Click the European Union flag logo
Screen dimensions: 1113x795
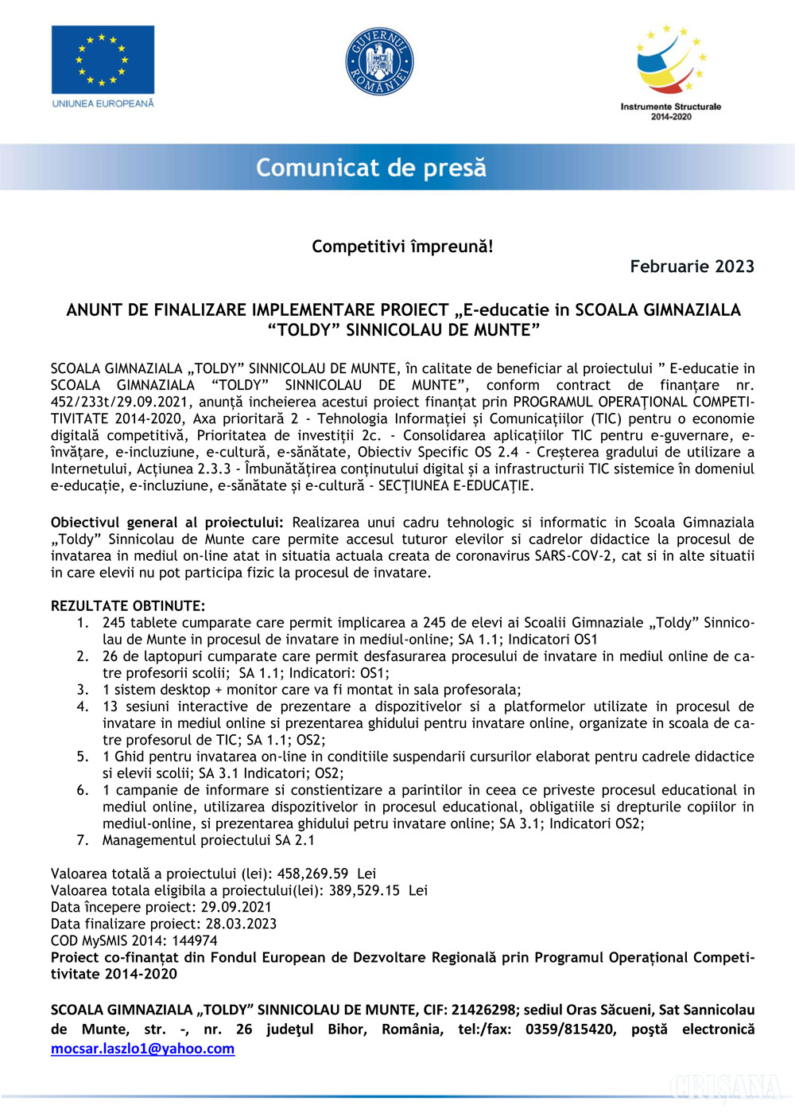103,60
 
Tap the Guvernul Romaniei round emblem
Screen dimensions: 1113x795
380,61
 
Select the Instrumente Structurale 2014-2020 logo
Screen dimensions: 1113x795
671,72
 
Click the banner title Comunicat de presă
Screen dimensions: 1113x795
370,168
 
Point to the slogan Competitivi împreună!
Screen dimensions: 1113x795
402,247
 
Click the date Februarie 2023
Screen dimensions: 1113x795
692,267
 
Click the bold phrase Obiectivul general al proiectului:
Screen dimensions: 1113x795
167,523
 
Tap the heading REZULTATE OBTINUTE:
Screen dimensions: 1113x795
128,606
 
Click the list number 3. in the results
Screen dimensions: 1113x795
83,690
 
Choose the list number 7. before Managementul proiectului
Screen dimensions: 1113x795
83,840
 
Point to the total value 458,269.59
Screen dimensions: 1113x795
312,874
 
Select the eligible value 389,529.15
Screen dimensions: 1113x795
364,890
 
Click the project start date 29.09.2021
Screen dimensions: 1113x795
236,907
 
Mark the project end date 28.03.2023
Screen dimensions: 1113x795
241,924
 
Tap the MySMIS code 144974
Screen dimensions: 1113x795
195,940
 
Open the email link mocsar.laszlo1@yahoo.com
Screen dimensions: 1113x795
143,1049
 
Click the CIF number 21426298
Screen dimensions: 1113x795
483,1010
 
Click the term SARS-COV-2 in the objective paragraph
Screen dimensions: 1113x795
574,556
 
